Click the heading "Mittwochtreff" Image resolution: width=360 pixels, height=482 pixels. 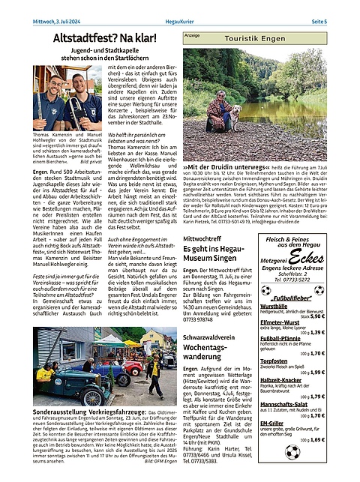pos(205,238)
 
